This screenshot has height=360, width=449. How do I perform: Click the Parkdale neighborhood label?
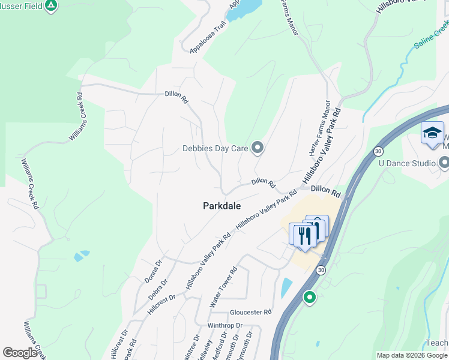point(221,206)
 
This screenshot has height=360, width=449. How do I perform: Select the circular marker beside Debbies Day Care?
point(258,147)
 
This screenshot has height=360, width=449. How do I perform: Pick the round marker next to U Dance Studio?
point(444,163)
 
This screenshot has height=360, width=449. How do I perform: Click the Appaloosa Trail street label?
point(208,38)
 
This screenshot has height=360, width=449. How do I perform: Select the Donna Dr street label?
point(154,272)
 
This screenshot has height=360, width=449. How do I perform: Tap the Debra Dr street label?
point(160,289)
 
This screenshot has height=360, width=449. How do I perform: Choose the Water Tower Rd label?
point(224,287)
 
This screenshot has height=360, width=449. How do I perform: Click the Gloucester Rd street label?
point(251,313)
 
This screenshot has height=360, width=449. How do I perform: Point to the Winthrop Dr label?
point(224,326)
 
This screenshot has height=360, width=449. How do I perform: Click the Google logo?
point(20,353)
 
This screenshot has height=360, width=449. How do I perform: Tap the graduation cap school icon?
point(432,133)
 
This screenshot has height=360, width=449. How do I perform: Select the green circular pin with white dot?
point(310,297)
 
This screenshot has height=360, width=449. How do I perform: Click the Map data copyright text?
point(412,355)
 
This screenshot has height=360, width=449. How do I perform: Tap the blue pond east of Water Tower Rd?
point(286,287)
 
